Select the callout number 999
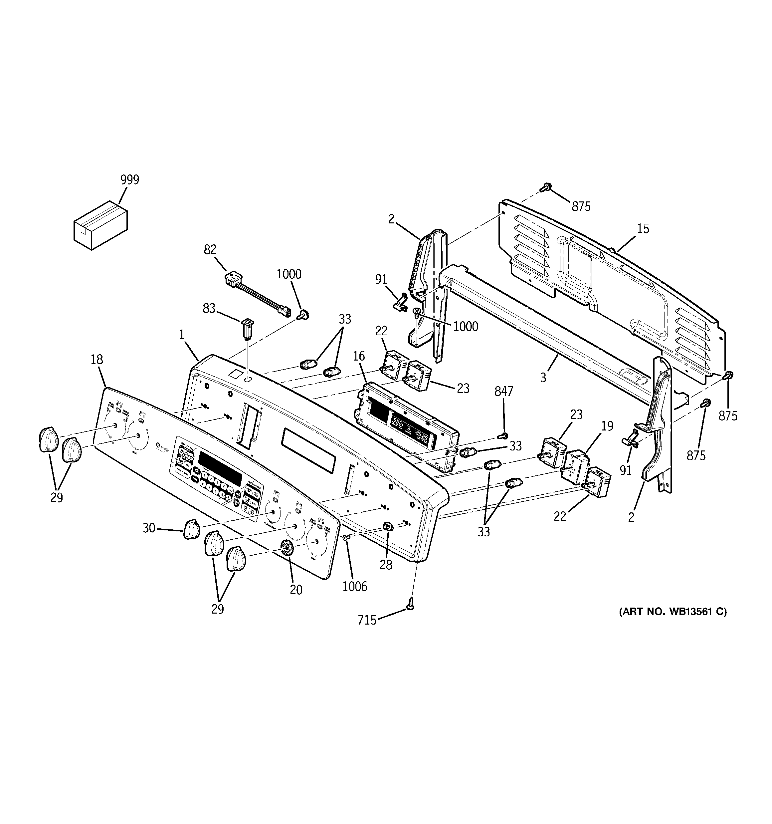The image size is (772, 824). coord(130,180)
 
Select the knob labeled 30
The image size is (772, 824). coord(191,529)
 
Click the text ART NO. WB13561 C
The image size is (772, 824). coord(673,612)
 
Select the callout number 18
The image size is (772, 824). coord(97,359)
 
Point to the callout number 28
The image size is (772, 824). coord(386,565)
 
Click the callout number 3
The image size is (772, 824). coord(543,377)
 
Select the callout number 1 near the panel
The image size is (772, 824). coord(181,335)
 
